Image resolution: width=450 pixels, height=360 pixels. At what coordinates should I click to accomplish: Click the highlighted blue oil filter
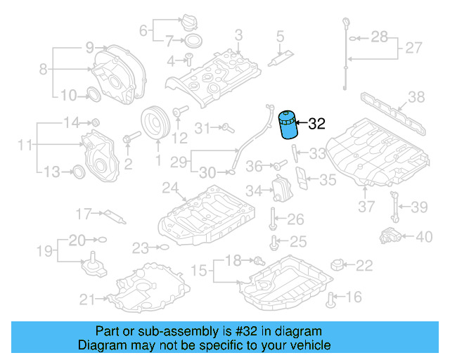[288, 125]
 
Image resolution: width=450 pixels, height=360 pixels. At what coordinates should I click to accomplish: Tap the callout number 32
[317, 124]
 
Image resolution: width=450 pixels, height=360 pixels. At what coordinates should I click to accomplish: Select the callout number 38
[416, 97]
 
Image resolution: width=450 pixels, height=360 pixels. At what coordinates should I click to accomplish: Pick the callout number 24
[169, 188]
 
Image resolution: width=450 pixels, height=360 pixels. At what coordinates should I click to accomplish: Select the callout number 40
[424, 237]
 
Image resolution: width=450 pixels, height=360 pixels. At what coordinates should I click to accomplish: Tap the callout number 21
[86, 300]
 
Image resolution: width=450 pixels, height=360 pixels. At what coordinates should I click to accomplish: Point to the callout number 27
[413, 49]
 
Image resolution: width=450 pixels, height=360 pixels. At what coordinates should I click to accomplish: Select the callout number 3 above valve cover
[238, 34]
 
